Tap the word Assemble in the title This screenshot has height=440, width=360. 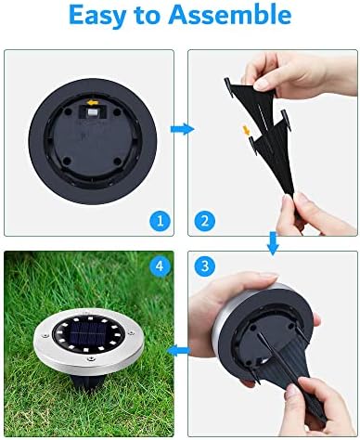pos(229,14)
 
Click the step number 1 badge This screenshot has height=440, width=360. pos(160,221)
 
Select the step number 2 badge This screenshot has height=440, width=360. pos(205,221)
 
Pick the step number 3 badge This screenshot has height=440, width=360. pos(205,265)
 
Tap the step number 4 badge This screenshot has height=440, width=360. pos(160,265)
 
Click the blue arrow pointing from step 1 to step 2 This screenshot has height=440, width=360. pos(182,129)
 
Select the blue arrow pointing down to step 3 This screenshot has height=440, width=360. pos(273,243)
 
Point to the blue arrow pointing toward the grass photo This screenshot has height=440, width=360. pos(178,351)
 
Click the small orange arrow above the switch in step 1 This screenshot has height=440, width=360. pos(93,102)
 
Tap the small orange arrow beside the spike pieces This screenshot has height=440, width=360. pos(247,130)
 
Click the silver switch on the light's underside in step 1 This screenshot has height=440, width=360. pos(92,112)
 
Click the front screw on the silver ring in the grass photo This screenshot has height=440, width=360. pos(91,359)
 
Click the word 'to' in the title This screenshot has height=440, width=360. pos(147,16)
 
